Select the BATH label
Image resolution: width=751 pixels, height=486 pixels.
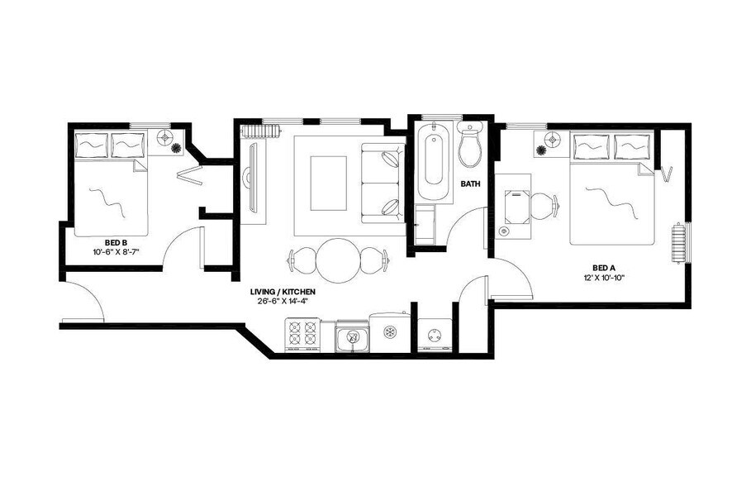pos(470,184)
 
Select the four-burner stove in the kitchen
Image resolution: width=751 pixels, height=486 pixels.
pos(302,335)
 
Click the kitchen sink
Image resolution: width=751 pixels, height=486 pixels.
pos(352,336)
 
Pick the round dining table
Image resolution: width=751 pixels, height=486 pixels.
pos(339,259)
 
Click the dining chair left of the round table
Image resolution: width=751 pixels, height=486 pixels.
pos(299,260)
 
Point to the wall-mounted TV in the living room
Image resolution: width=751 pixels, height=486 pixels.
pos(254,177)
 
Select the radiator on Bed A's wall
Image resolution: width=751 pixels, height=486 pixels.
pos(680,243)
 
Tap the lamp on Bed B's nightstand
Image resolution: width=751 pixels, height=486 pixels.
pos(165,137)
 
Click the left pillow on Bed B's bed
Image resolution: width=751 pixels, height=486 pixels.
pos(92,145)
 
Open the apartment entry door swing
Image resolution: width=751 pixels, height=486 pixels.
pos(83,302)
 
